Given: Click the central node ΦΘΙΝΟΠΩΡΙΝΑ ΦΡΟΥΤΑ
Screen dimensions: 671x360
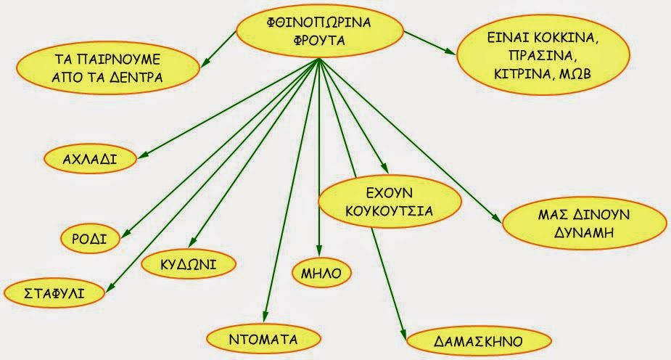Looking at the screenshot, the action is tap(319, 32).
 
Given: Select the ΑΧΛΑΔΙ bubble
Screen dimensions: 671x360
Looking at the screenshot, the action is tap(91, 157).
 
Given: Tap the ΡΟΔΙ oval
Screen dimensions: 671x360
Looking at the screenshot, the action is tap(90, 238).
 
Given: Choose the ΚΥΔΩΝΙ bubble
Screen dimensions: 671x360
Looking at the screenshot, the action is tap(189, 263).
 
